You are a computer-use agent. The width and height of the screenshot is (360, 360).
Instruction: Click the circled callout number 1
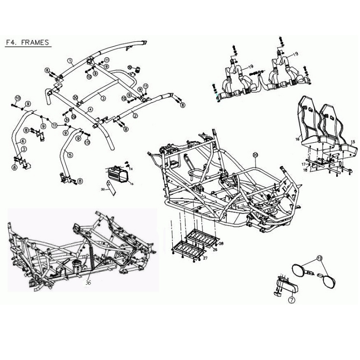click(x=70, y=60)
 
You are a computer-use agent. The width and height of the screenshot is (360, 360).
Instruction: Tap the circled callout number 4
click(x=90, y=109)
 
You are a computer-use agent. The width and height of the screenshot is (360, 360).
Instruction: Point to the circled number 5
click(x=70, y=154)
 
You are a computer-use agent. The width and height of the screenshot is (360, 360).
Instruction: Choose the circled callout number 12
click(x=320, y=258)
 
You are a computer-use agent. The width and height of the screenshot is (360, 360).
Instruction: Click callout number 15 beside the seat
click(x=353, y=142)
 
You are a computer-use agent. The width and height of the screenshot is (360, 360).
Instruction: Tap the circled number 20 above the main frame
click(x=255, y=155)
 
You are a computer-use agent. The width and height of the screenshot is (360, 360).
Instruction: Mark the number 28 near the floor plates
click(x=220, y=243)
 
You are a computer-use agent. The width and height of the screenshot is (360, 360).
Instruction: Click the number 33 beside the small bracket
click(x=103, y=190)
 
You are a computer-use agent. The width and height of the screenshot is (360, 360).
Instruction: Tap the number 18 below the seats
click(x=305, y=171)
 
